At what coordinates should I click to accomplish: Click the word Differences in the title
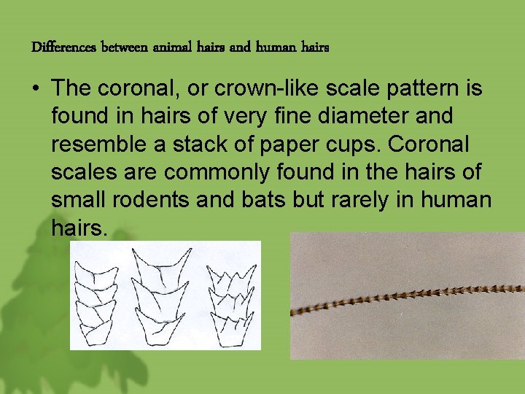click(64, 48)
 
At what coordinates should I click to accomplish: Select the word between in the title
click(125, 48)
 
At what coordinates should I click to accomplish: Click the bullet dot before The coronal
click(35, 90)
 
